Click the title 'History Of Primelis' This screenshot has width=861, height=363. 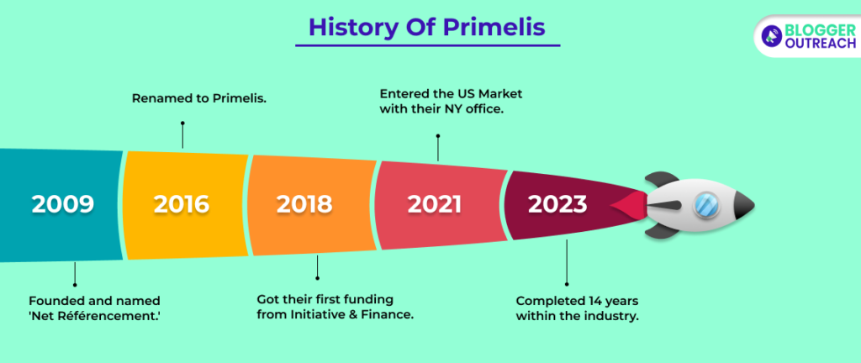[427, 28]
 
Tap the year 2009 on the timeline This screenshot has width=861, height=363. [63, 204]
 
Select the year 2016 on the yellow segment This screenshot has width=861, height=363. [182, 204]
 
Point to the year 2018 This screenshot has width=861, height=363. [304, 204]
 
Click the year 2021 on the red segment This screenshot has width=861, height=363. [435, 204]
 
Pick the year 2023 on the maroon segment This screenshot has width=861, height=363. [557, 204]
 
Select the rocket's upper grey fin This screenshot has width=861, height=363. [663, 181]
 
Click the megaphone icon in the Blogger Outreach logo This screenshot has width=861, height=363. [772, 36]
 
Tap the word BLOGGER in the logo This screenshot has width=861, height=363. [821, 30]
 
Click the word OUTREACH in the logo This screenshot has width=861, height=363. [821, 44]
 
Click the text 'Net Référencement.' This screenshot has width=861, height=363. [94, 316]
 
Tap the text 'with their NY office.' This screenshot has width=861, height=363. [441, 108]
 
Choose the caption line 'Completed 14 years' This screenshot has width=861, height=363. [577, 301]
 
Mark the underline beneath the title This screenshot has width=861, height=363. [428, 45]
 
